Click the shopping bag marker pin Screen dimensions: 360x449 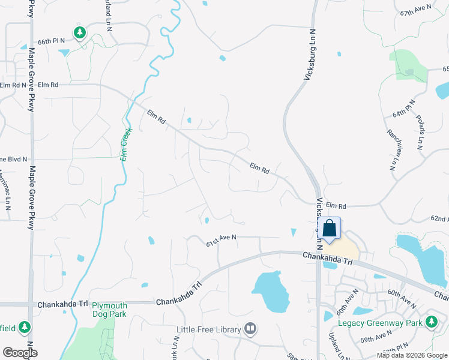330,228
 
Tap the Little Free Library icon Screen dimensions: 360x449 250,329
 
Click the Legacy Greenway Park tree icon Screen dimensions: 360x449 431,322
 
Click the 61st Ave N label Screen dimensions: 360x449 221,240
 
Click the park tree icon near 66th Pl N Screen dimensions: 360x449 79,31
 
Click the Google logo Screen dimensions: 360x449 20,353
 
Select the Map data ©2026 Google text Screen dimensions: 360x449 411,355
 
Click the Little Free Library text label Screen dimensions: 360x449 208,329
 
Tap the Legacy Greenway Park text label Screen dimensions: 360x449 380,323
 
